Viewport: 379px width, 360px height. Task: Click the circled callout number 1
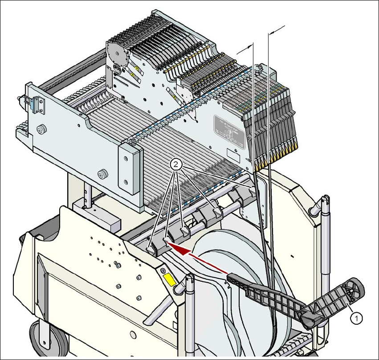355,318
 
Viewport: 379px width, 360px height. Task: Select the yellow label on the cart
170,280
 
